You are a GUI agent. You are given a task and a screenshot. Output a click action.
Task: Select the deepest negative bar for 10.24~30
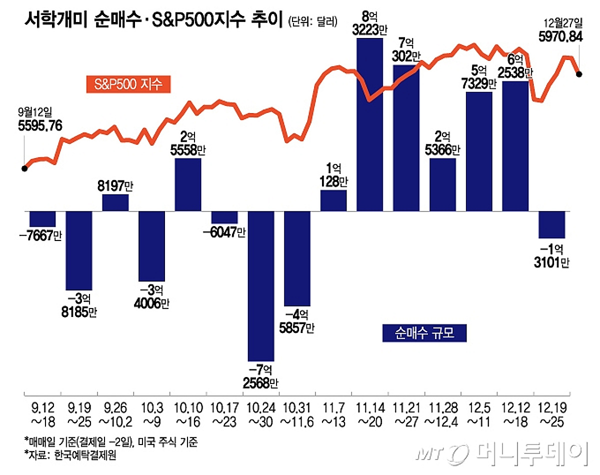[261, 285]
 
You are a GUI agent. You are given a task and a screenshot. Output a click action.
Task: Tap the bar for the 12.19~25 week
[551, 224]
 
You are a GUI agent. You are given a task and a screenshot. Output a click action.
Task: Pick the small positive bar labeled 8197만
[115, 202]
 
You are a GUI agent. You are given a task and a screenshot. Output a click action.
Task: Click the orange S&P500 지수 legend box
[128, 83]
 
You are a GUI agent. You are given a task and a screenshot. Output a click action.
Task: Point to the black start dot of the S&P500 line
[24, 168]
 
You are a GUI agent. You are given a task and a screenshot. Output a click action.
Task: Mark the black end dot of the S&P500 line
[579, 74]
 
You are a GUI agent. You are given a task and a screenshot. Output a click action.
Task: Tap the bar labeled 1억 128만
[333, 200]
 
